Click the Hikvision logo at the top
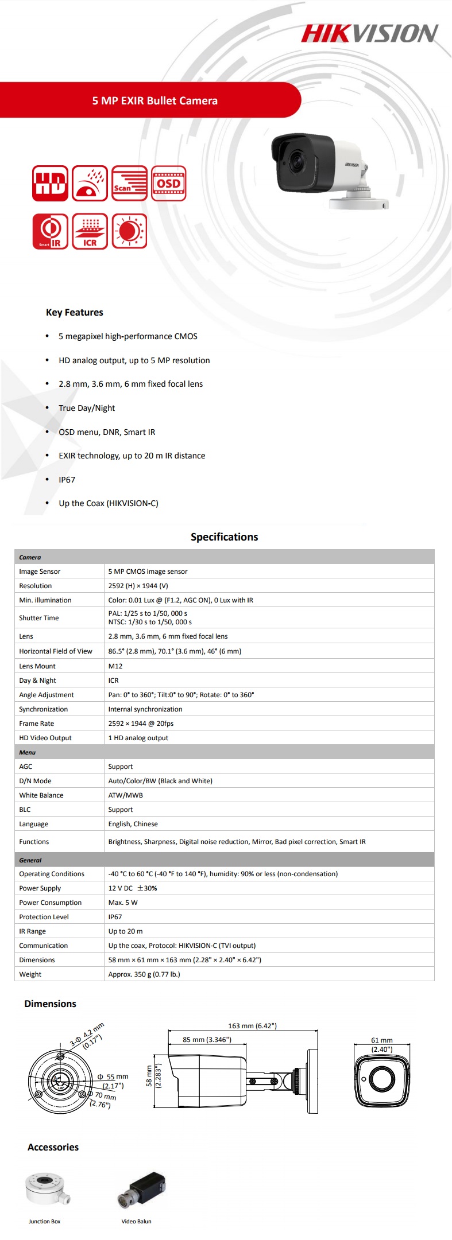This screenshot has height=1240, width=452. point(370,34)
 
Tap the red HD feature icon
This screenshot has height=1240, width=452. point(50,184)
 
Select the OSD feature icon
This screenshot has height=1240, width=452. point(169,184)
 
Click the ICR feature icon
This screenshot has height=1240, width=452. point(90,231)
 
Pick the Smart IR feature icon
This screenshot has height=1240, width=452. point(50,231)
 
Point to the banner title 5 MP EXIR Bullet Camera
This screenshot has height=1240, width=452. point(154,101)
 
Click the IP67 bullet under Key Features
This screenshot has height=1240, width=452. point(67,480)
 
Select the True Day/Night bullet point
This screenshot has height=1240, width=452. point(87,408)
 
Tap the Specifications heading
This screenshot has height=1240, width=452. point(224,537)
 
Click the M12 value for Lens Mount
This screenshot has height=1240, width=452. point(115,666)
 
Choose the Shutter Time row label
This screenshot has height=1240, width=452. point(39,618)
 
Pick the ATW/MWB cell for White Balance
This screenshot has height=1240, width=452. point(126,795)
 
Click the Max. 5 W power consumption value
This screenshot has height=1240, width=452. point(123,903)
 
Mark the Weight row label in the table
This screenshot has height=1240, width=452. point(30,974)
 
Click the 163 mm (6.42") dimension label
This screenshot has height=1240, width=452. point(252,1025)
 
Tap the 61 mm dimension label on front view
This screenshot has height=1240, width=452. point(382,1040)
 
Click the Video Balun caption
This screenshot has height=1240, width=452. point(137,1221)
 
